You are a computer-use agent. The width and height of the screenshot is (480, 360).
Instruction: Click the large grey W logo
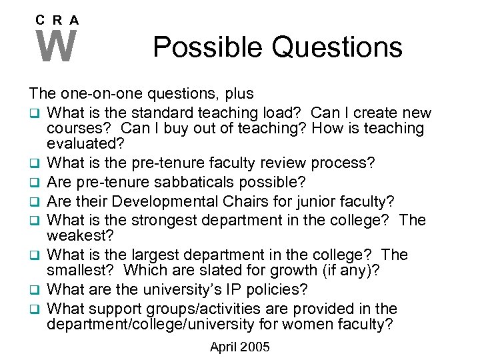pos(57,47)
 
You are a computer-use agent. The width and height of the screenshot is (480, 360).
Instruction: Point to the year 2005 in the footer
pos(257,347)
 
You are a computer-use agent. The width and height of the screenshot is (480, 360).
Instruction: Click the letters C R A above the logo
pos(57,21)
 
